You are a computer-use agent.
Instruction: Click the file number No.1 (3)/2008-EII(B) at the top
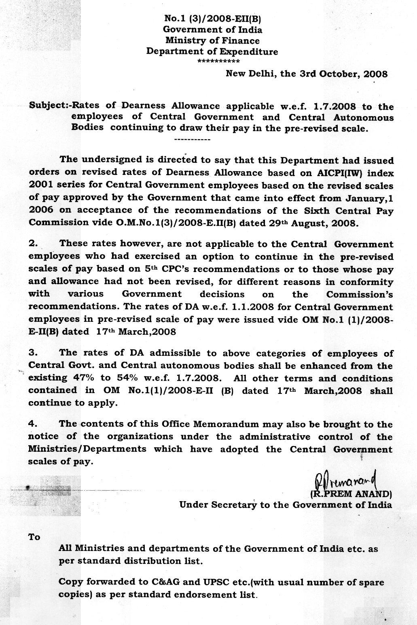click(x=214, y=18)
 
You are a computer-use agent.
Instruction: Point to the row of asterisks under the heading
click(x=218, y=62)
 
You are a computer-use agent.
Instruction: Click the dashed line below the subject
click(x=192, y=140)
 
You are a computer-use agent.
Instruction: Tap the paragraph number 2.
click(x=33, y=244)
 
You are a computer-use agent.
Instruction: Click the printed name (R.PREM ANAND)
click(x=351, y=494)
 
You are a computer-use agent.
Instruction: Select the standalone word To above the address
click(x=34, y=537)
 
